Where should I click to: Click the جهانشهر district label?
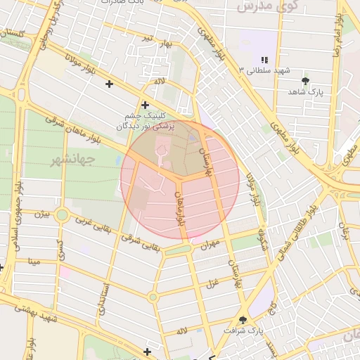(72, 160)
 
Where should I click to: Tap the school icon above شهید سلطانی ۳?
(265, 60)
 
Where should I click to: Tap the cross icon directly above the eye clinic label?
(144, 105)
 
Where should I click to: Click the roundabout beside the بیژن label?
(62, 215)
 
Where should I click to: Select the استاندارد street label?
(105, 295)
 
